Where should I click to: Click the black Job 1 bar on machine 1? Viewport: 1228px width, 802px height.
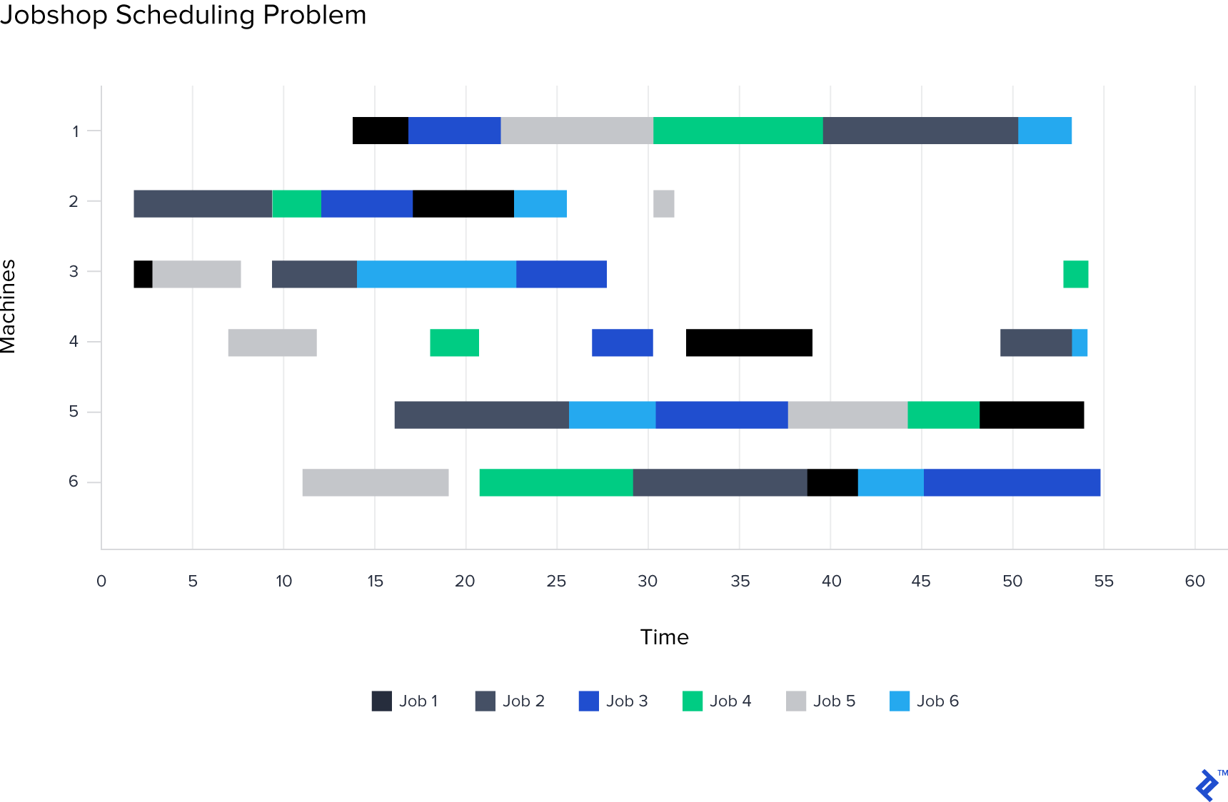[x=381, y=131]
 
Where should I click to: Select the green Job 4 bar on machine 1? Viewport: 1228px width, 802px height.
[x=738, y=131]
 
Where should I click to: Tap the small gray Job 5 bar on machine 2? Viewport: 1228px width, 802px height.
[x=664, y=203]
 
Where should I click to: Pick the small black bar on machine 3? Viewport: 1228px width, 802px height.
[x=143, y=274]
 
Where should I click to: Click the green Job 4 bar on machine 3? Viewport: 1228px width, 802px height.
[x=1076, y=274]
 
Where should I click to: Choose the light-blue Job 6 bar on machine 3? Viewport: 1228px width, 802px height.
[x=436, y=274]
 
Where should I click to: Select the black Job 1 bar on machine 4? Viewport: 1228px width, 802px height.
[x=749, y=342]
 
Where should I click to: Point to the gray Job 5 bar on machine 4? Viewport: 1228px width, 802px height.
[x=273, y=342]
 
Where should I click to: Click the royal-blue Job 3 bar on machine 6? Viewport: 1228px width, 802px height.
[x=1012, y=482]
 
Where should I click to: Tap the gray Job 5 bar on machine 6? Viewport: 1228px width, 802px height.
[x=376, y=482]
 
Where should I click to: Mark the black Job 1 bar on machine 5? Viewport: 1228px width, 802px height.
[x=1032, y=415]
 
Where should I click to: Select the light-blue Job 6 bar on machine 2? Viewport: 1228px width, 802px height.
[x=540, y=203]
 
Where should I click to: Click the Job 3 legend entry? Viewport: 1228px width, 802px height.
[x=613, y=701]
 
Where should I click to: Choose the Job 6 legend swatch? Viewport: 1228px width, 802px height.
[x=900, y=701]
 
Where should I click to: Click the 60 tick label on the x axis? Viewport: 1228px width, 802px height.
[x=1195, y=581]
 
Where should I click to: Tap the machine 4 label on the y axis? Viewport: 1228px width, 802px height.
[x=74, y=342]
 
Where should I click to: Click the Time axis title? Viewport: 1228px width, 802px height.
[x=665, y=637]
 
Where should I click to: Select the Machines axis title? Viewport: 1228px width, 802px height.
[x=9, y=306]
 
